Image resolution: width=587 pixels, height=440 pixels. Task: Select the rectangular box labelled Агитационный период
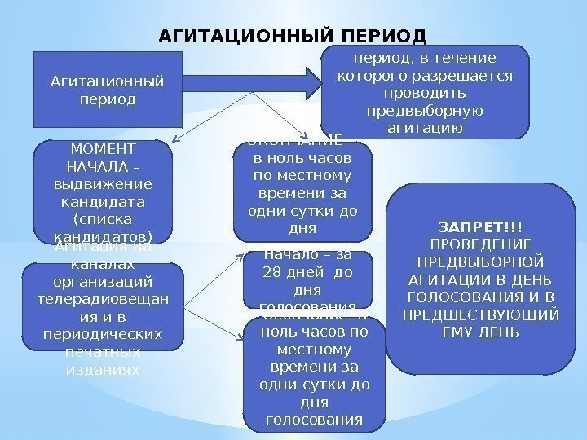tap(105, 90)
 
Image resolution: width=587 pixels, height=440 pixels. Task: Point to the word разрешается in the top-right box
tap(470, 76)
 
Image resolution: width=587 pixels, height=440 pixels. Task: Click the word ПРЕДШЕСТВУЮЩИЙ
tap(480, 315)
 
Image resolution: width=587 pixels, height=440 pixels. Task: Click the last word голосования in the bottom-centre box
tap(314, 420)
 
